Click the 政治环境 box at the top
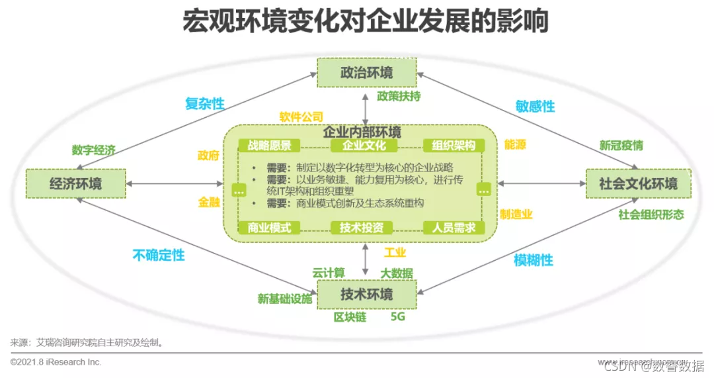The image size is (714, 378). click(x=366, y=72)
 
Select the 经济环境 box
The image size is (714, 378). click(x=76, y=183)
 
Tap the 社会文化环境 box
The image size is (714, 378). click(x=639, y=183)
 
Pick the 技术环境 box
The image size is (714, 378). click(x=366, y=295)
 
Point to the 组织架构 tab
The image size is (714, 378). click(x=454, y=146)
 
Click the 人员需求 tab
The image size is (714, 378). click(x=454, y=228)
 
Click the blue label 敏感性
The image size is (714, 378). click(x=535, y=106)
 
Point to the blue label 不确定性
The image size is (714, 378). click(x=159, y=255)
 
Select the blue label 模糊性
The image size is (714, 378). click(x=534, y=260)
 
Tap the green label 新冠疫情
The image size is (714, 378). click(x=621, y=145)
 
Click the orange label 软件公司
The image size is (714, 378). click(x=301, y=117)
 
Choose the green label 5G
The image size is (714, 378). click(x=397, y=316)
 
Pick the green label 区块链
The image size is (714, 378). click(x=350, y=316)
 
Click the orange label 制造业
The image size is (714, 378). click(x=516, y=214)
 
